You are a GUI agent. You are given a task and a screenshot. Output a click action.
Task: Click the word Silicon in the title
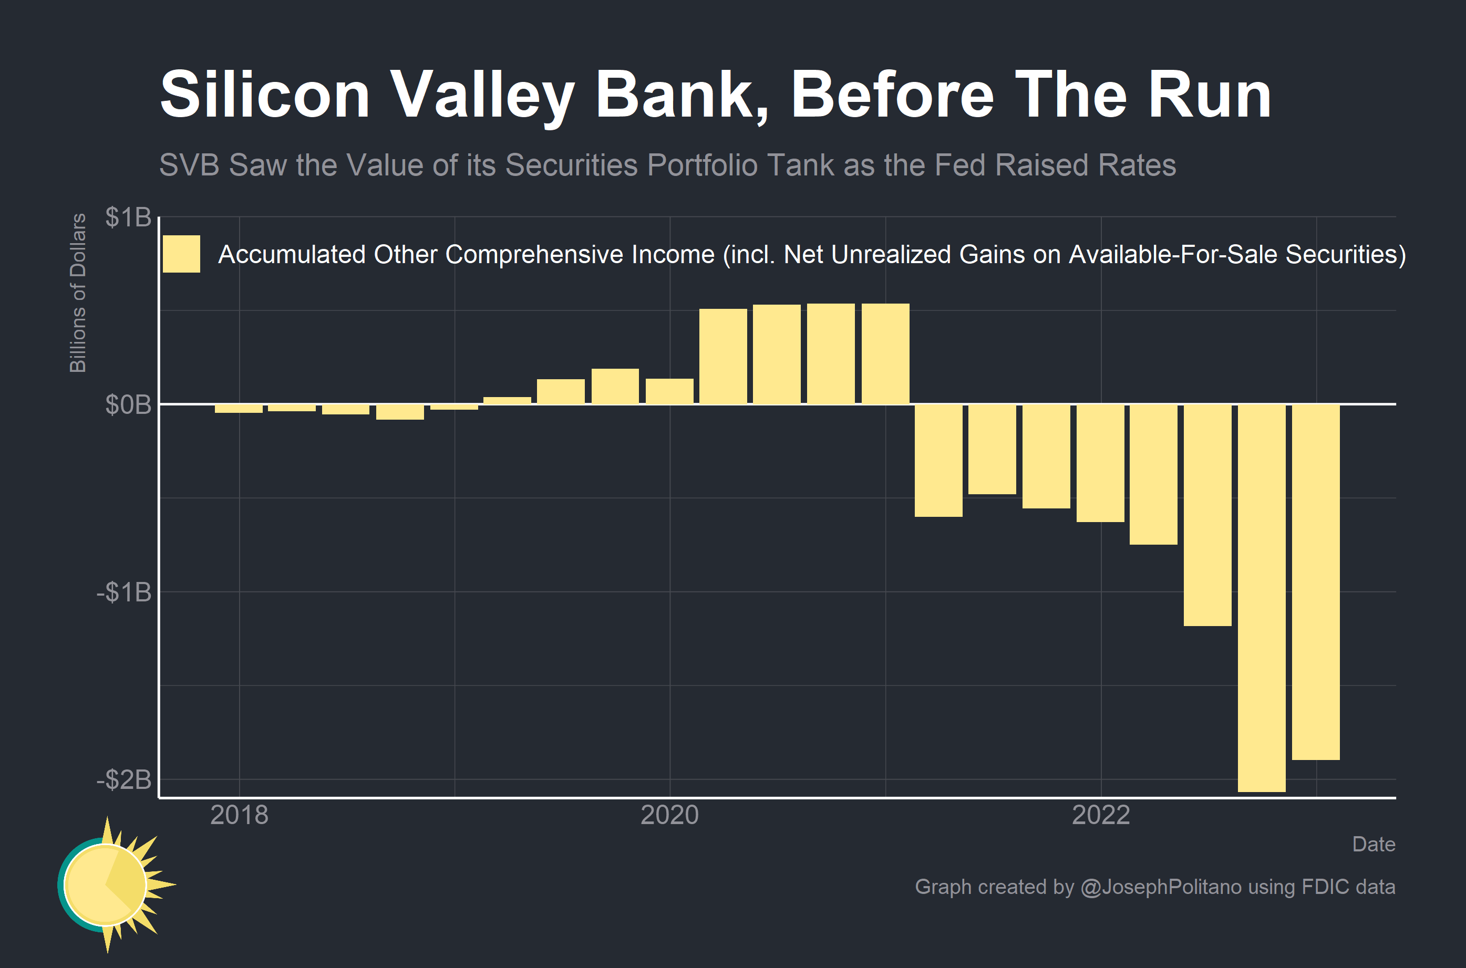pos(264,95)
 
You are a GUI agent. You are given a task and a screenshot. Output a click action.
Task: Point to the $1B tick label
pos(128,217)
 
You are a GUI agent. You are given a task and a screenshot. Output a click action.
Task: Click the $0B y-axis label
pos(128,405)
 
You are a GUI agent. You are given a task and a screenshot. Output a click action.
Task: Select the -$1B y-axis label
pos(123,592)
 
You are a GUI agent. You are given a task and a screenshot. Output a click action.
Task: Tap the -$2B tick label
pos(123,780)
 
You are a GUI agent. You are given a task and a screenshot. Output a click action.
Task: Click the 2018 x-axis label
pos(239,815)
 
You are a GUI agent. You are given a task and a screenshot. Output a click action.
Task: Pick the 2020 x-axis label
pos(669,815)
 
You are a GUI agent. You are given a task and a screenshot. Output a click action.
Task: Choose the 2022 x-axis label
pos(1100,815)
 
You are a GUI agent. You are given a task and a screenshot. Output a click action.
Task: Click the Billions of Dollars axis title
pos(78,293)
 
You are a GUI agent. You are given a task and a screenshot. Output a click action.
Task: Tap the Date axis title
pos(1373,844)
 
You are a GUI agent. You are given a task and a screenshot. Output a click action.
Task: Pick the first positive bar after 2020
pos(722,356)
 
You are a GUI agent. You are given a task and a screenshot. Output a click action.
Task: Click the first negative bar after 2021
pos(938,461)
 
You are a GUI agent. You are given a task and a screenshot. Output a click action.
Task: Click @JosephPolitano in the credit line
pos(1160,887)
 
